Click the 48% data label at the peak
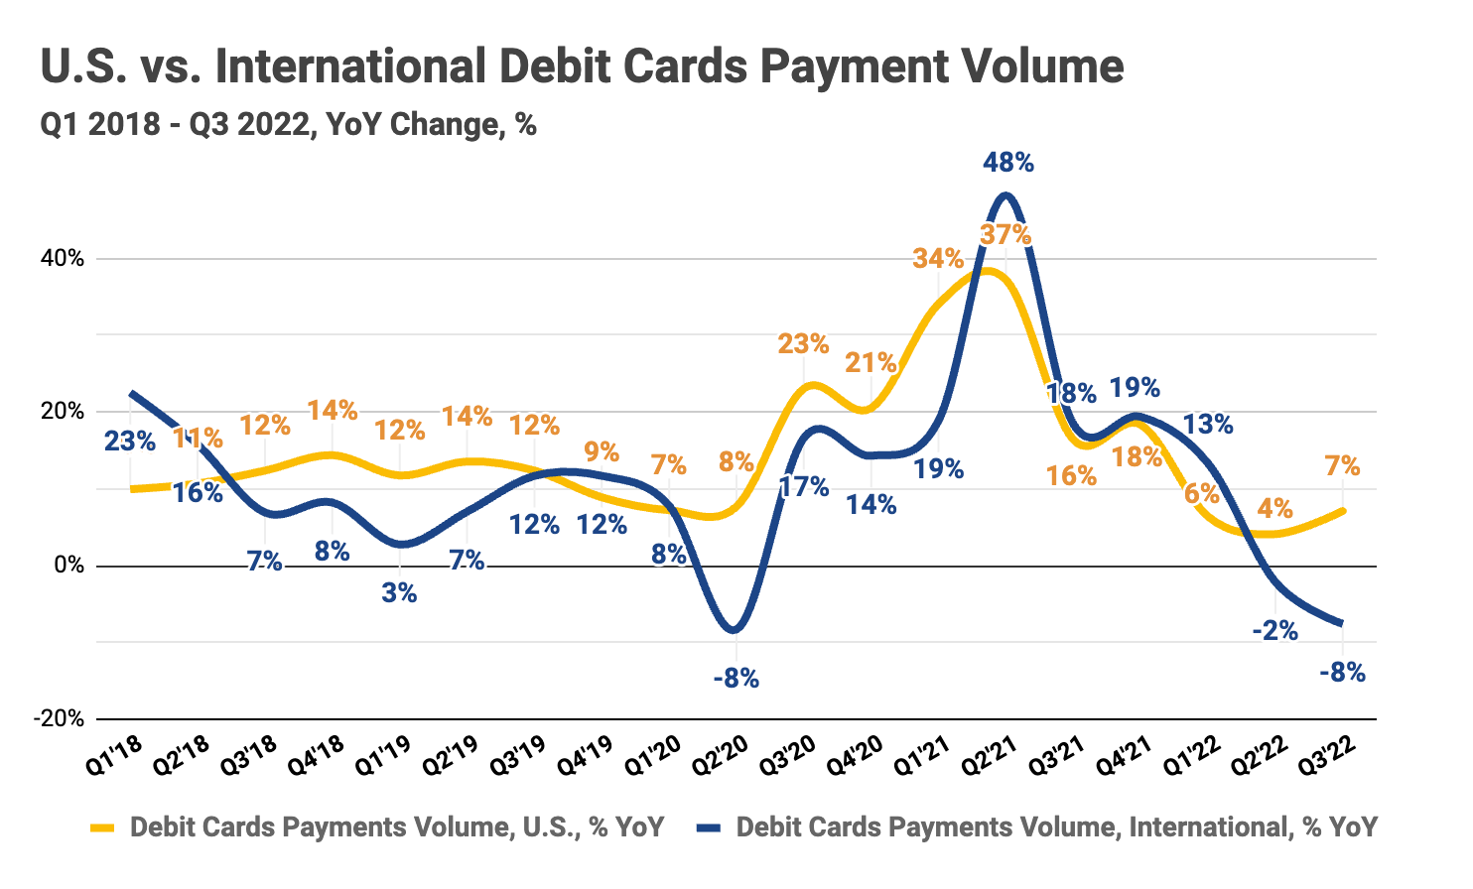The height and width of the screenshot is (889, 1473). click(x=1007, y=163)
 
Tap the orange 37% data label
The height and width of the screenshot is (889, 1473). click(x=1004, y=235)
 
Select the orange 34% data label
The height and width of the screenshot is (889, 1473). click(x=938, y=259)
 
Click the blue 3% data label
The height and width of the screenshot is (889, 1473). click(x=399, y=594)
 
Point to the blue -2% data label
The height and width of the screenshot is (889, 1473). click(x=1274, y=630)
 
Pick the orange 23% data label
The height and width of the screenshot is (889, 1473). click(x=802, y=344)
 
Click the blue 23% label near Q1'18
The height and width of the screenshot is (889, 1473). click(x=130, y=441)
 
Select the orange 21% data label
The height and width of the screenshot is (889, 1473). click(x=870, y=363)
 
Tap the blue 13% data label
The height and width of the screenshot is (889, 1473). click(x=1208, y=425)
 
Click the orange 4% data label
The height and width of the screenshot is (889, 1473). click(x=1274, y=509)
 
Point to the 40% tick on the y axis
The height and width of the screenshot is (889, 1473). click(x=62, y=259)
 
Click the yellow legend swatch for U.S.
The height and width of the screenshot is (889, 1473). click(x=103, y=827)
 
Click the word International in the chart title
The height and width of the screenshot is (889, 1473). click(x=351, y=66)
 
